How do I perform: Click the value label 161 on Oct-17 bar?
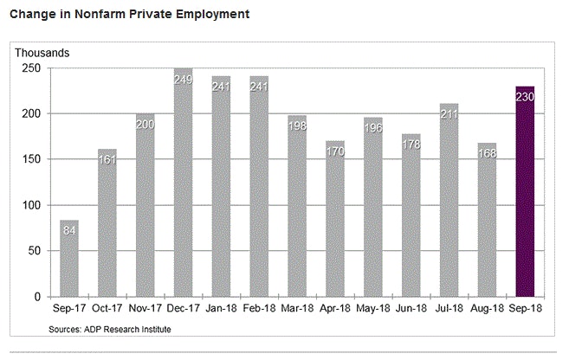pos(107,161)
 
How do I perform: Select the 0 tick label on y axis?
pos(36,297)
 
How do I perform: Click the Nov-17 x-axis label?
pos(145,309)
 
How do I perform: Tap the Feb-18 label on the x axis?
pos(260,309)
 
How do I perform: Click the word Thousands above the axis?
pos(42,53)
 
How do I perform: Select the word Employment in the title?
pos(209,15)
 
